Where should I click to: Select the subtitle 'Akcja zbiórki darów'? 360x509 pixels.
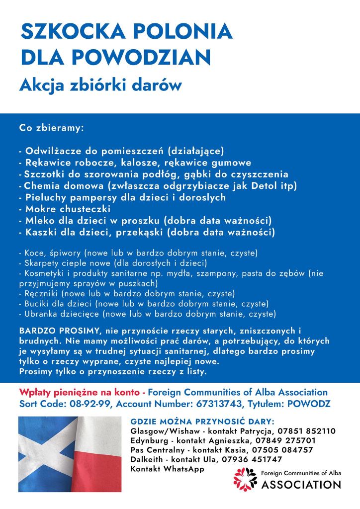(x=101, y=85)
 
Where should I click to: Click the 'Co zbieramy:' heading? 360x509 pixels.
(x=51, y=128)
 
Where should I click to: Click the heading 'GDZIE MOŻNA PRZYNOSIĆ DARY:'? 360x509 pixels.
(x=202, y=422)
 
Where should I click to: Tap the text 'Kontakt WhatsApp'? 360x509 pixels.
(x=167, y=469)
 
